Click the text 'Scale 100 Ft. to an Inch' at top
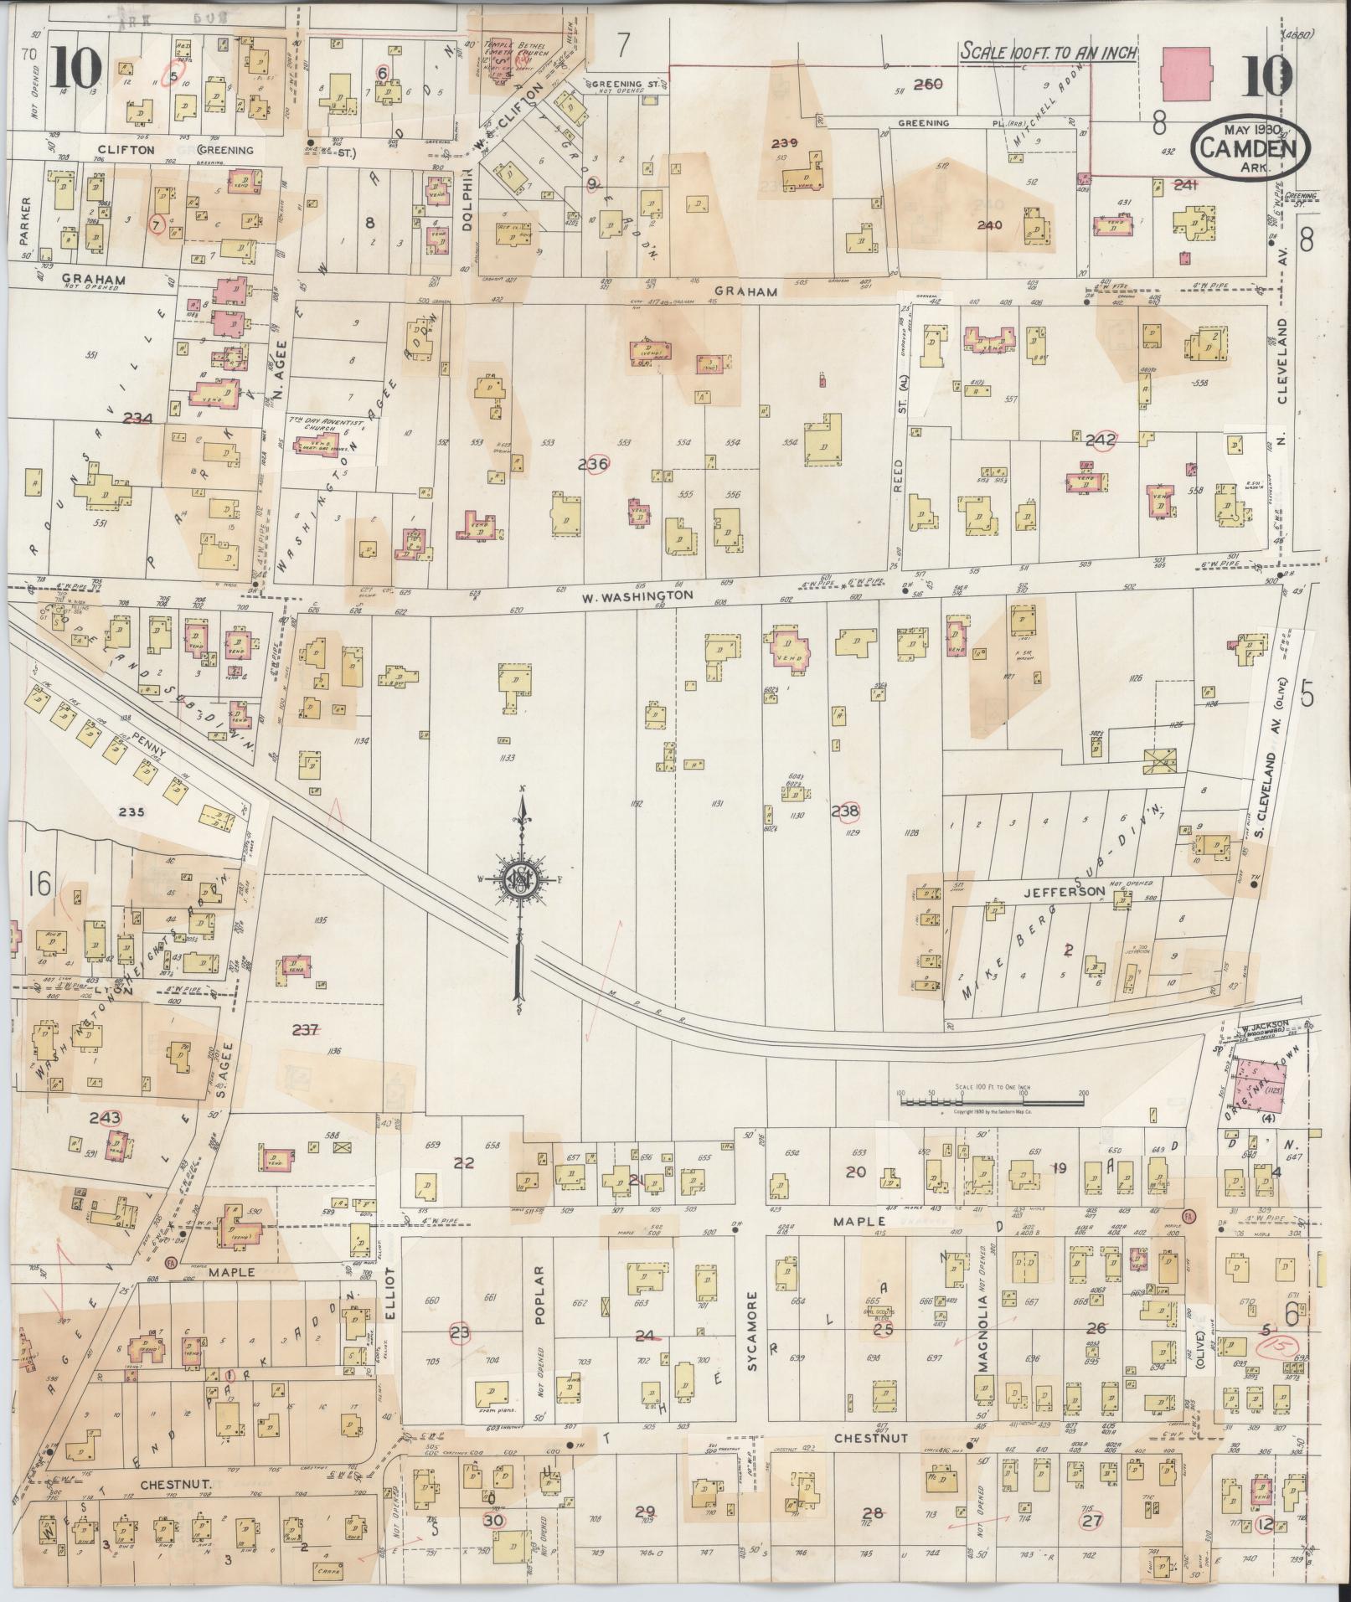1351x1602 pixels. click(x=1048, y=52)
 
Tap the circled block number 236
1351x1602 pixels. click(x=597, y=463)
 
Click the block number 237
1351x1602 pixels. click(x=305, y=1029)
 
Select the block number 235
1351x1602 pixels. click(x=132, y=811)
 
